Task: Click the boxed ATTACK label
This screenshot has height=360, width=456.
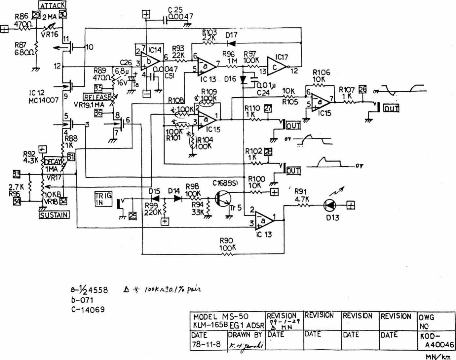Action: point(52,5)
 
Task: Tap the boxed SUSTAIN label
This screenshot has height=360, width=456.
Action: point(54,215)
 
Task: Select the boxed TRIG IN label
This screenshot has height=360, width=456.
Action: point(103,199)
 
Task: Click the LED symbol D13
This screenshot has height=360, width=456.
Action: point(330,205)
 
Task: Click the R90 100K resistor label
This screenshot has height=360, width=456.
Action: point(226,244)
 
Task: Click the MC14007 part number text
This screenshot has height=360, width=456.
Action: point(43,100)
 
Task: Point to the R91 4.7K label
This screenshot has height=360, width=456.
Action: point(302,195)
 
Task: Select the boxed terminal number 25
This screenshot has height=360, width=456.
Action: point(133,216)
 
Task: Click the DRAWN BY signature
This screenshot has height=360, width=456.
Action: point(246,345)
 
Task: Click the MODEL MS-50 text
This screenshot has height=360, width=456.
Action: point(221,316)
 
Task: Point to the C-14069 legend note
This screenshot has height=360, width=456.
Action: point(88,309)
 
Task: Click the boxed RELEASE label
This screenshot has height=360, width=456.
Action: point(97,97)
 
